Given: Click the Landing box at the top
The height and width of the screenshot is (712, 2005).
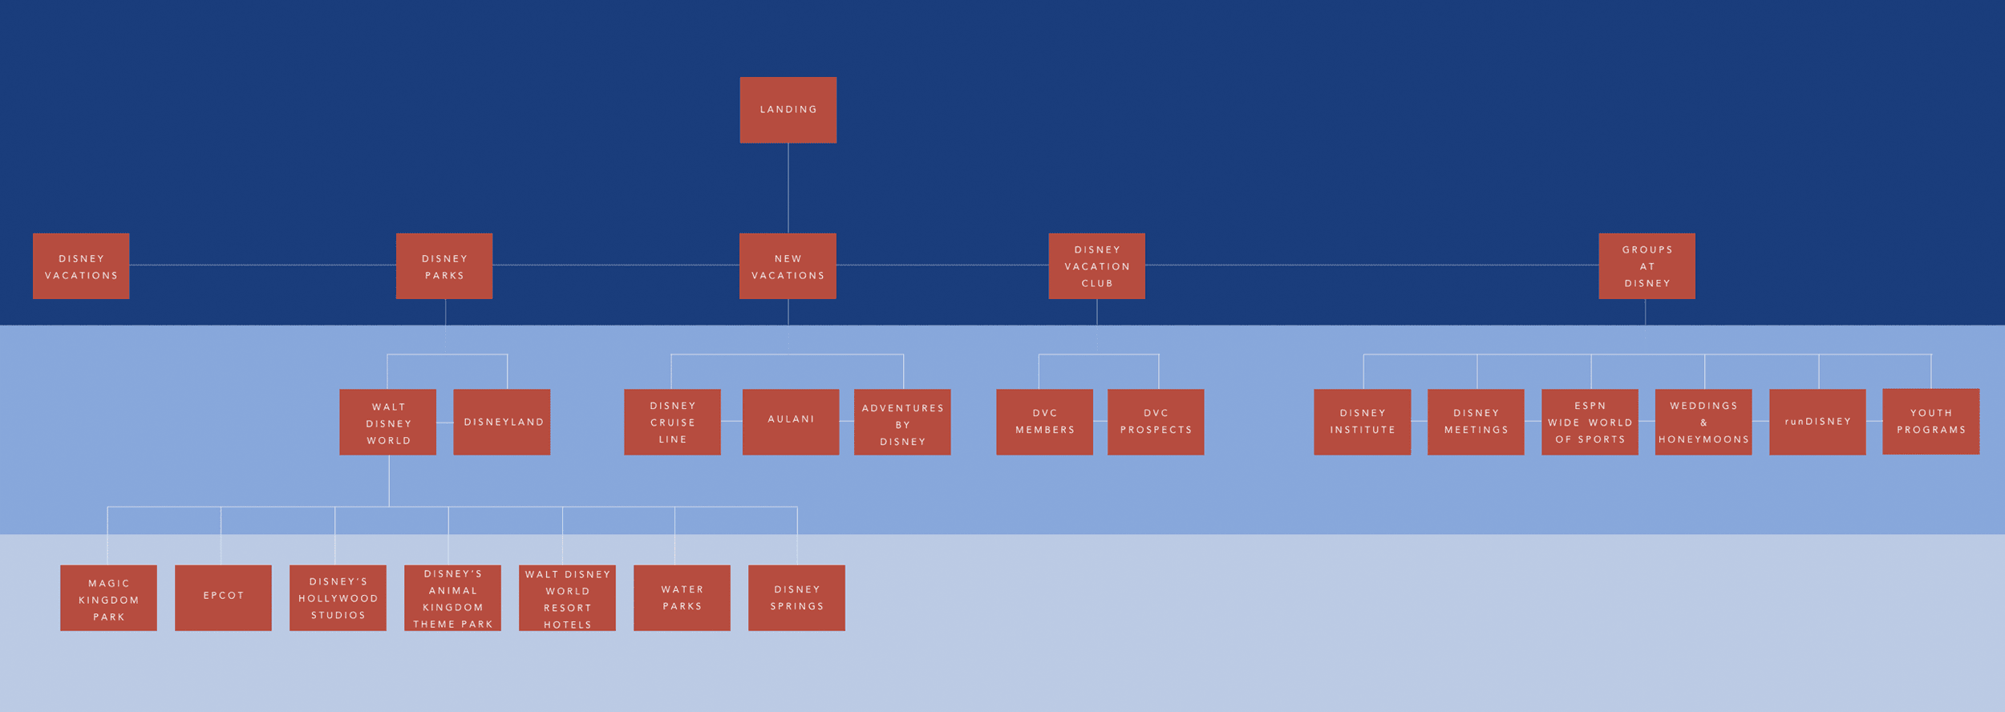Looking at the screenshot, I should click(x=788, y=110).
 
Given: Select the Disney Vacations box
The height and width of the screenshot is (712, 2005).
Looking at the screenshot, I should click(x=81, y=266).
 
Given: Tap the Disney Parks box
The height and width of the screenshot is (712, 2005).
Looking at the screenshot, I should click(x=444, y=266).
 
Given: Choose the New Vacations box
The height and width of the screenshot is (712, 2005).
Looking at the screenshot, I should click(x=788, y=266).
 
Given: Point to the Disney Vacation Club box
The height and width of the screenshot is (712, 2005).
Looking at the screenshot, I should click(x=1096, y=266).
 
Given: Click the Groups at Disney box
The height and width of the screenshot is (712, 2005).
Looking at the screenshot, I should click(x=1647, y=266).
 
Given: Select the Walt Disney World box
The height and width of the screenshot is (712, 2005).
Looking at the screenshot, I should click(x=388, y=423).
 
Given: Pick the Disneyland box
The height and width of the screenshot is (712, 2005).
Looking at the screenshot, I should click(x=502, y=423).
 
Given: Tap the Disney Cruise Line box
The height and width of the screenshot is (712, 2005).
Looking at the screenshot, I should click(x=672, y=423).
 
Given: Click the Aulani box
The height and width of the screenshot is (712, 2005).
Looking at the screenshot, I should click(x=791, y=423).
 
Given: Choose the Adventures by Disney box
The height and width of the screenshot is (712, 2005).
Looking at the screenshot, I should click(x=902, y=423).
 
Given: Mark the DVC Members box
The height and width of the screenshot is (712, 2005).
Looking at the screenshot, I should click(x=1044, y=423).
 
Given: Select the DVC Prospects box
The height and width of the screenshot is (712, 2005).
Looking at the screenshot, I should click(x=1156, y=423).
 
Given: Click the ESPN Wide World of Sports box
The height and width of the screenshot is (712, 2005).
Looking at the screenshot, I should click(x=1590, y=423).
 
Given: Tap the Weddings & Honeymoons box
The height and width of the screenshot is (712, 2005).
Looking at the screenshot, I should click(x=1703, y=423).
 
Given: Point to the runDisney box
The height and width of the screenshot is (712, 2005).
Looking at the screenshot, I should click(x=1817, y=423).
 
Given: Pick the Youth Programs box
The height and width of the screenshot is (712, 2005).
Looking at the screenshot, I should click(x=1930, y=423).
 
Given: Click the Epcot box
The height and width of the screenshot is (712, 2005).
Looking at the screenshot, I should click(x=223, y=597).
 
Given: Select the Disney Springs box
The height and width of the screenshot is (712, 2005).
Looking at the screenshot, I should click(x=796, y=597).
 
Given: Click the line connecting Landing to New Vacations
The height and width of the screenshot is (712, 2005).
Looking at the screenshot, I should click(x=788, y=188).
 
